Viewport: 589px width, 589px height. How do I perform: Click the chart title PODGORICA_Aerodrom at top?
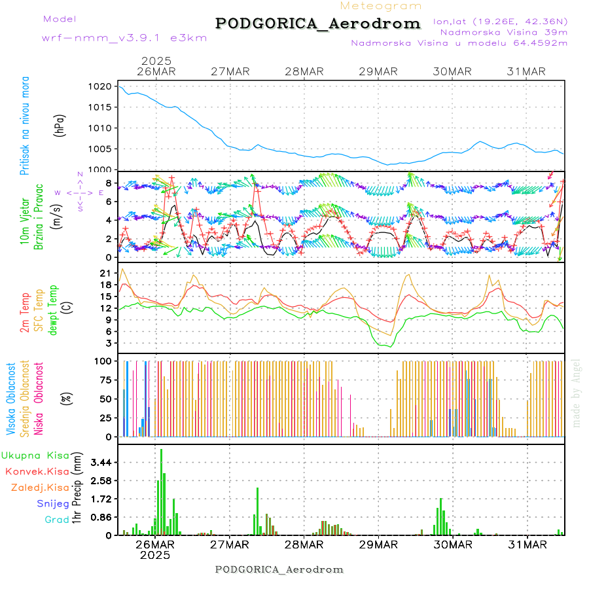pyautogui.click(x=318, y=24)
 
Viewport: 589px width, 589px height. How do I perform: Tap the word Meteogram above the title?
pyautogui.click(x=382, y=6)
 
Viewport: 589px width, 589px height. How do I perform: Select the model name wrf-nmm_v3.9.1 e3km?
pyautogui.click(x=124, y=38)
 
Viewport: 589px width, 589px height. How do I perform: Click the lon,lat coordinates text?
pyautogui.click(x=501, y=21)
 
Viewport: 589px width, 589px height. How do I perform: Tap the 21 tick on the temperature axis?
pyautogui.click(x=105, y=272)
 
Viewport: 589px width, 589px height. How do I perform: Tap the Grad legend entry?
pyautogui.click(x=57, y=520)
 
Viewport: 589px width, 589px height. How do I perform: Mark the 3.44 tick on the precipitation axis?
pyautogui.click(x=100, y=462)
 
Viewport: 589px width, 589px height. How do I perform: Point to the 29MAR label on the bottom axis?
pyautogui.click(x=378, y=544)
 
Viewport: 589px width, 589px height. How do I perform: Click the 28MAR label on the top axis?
pyautogui.click(x=304, y=72)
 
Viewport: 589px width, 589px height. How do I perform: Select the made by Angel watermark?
pyautogui.click(x=577, y=393)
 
